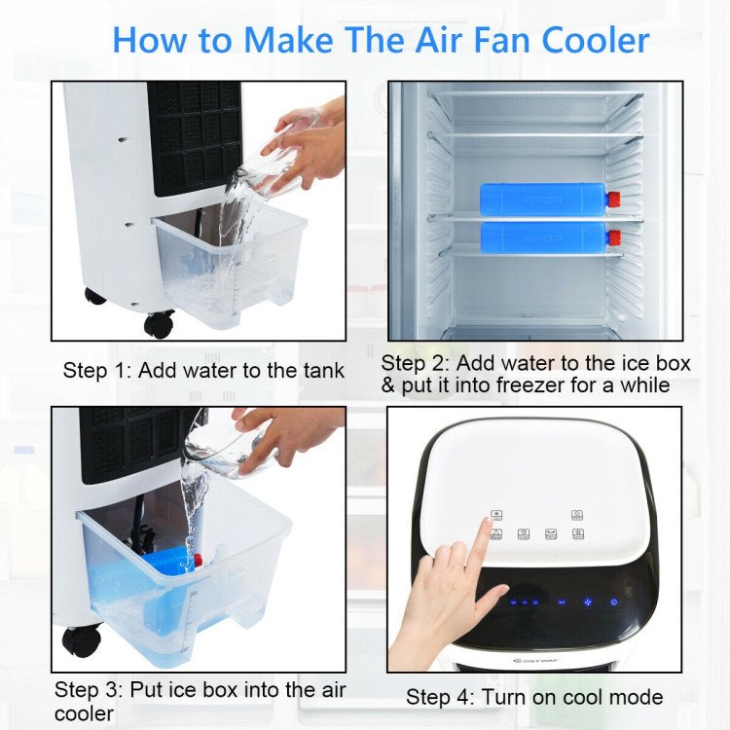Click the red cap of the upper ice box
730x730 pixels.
tap(613, 200)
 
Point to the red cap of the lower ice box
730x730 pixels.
tap(613, 237)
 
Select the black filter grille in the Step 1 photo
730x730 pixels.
tap(195, 131)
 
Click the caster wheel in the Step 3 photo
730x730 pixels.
tap(82, 639)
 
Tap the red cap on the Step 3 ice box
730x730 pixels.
tap(198, 562)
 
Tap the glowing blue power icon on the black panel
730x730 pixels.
tap(613, 602)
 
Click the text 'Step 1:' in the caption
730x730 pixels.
tap(97, 371)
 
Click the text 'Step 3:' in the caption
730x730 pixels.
tap(89, 690)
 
